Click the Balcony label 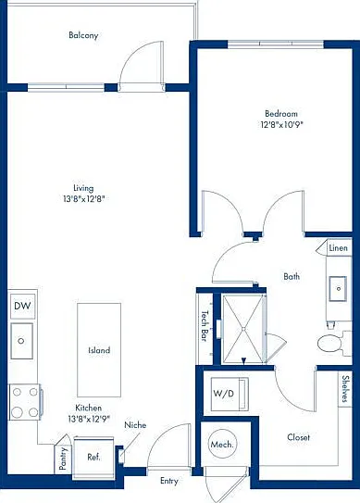point(83,35)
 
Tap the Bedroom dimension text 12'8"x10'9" point(281,124)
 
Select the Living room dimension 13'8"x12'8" point(84,199)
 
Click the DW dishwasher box point(22,306)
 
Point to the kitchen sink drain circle point(21,341)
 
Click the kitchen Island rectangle point(99,350)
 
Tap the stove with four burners point(25,402)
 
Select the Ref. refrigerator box point(93,457)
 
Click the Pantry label point(63,459)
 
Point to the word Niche point(135,425)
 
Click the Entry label point(169,481)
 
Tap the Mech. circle point(222,445)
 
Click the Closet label point(298,437)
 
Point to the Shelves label point(345,389)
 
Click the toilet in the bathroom point(333,344)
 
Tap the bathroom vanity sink point(338,289)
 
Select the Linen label point(338,248)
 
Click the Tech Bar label point(205,326)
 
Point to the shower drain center point(243,329)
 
